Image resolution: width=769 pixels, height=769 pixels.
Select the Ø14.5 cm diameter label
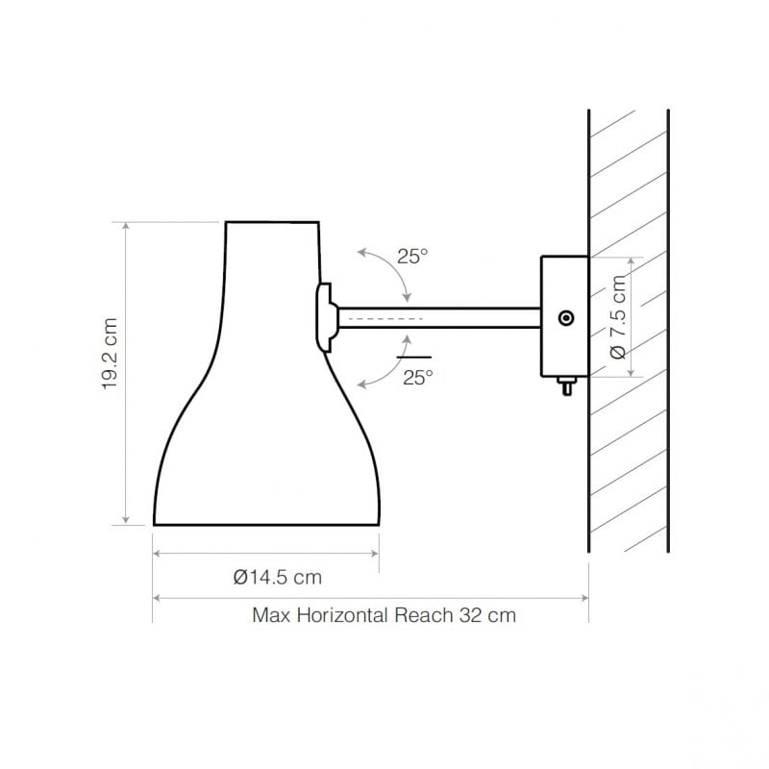[x=277, y=578]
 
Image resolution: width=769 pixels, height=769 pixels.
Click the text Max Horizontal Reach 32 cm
[x=384, y=615]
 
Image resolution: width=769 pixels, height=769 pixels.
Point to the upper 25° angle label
[x=412, y=257]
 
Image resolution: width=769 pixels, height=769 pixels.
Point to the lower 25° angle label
[x=418, y=378]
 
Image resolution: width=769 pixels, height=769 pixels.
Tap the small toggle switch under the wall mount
[x=565, y=385]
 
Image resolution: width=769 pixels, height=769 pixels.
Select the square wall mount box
[x=564, y=316]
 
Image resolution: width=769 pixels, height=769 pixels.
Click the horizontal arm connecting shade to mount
[x=437, y=317]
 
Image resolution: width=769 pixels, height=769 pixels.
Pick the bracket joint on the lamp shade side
[x=325, y=317]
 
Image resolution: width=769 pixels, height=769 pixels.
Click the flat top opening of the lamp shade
[x=271, y=223]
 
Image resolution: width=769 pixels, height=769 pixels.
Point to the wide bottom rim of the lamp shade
[x=266, y=525]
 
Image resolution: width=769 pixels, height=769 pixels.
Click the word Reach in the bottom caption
[x=421, y=615]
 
